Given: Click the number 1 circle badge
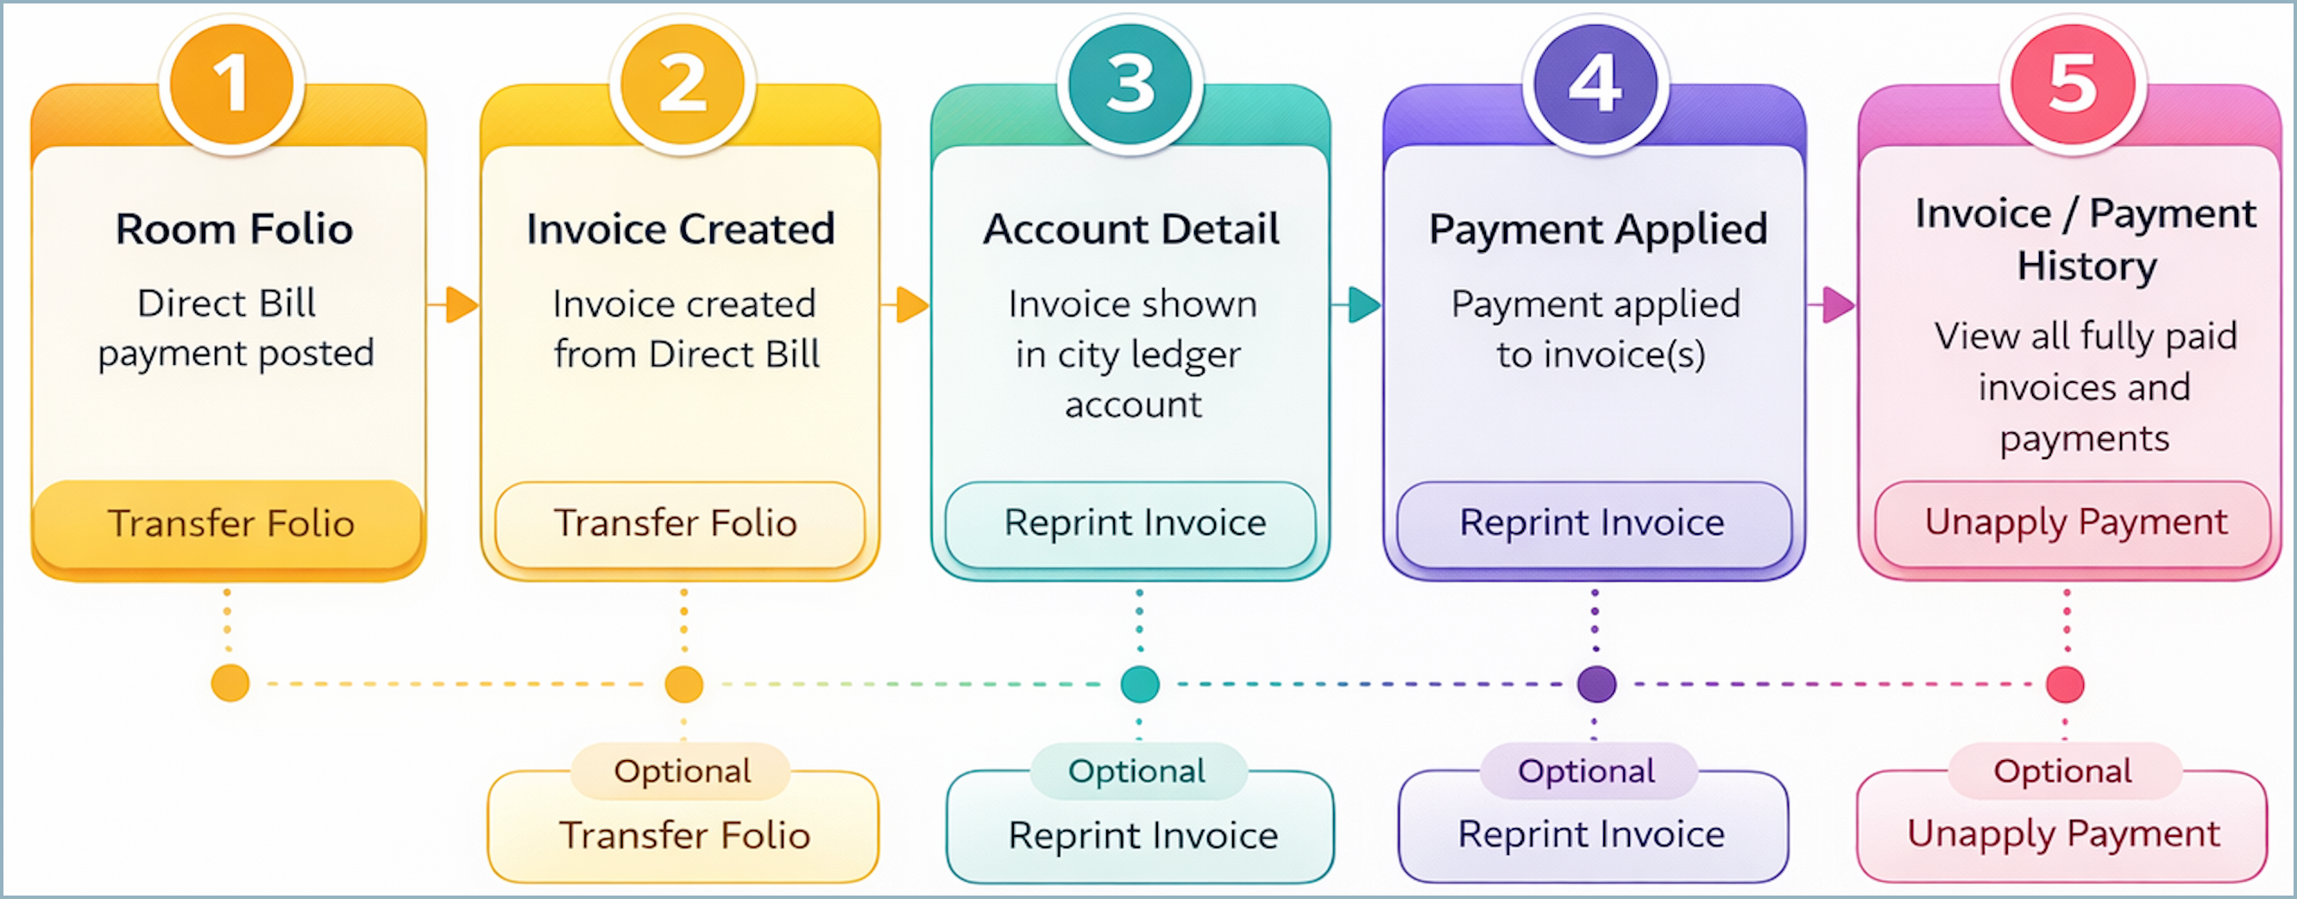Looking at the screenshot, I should (x=232, y=84).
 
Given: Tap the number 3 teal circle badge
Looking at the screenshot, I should (x=1130, y=84).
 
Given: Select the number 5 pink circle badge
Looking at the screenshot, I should (x=2073, y=84).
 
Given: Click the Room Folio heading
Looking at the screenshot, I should (x=234, y=229).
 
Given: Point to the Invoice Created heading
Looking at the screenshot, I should (x=680, y=229).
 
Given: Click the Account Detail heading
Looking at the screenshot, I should (x=1130, y=229).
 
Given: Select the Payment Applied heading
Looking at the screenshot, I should (x=1598, y=229).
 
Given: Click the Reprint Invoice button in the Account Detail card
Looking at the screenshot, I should (x=1133, y=524).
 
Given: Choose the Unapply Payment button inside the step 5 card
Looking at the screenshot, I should (x=2075, y=524).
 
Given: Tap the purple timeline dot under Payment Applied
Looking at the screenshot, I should (x=1595, y=684).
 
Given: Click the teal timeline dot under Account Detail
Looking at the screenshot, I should (x=1139, y=684).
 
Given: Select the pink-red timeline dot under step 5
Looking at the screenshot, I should (x=2065, y=684).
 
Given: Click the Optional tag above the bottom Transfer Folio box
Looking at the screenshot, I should (x=683, y=770).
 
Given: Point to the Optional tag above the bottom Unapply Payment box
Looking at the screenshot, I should (x=2062, y=770).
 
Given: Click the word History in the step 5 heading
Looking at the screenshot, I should (x=2086, y=266).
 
